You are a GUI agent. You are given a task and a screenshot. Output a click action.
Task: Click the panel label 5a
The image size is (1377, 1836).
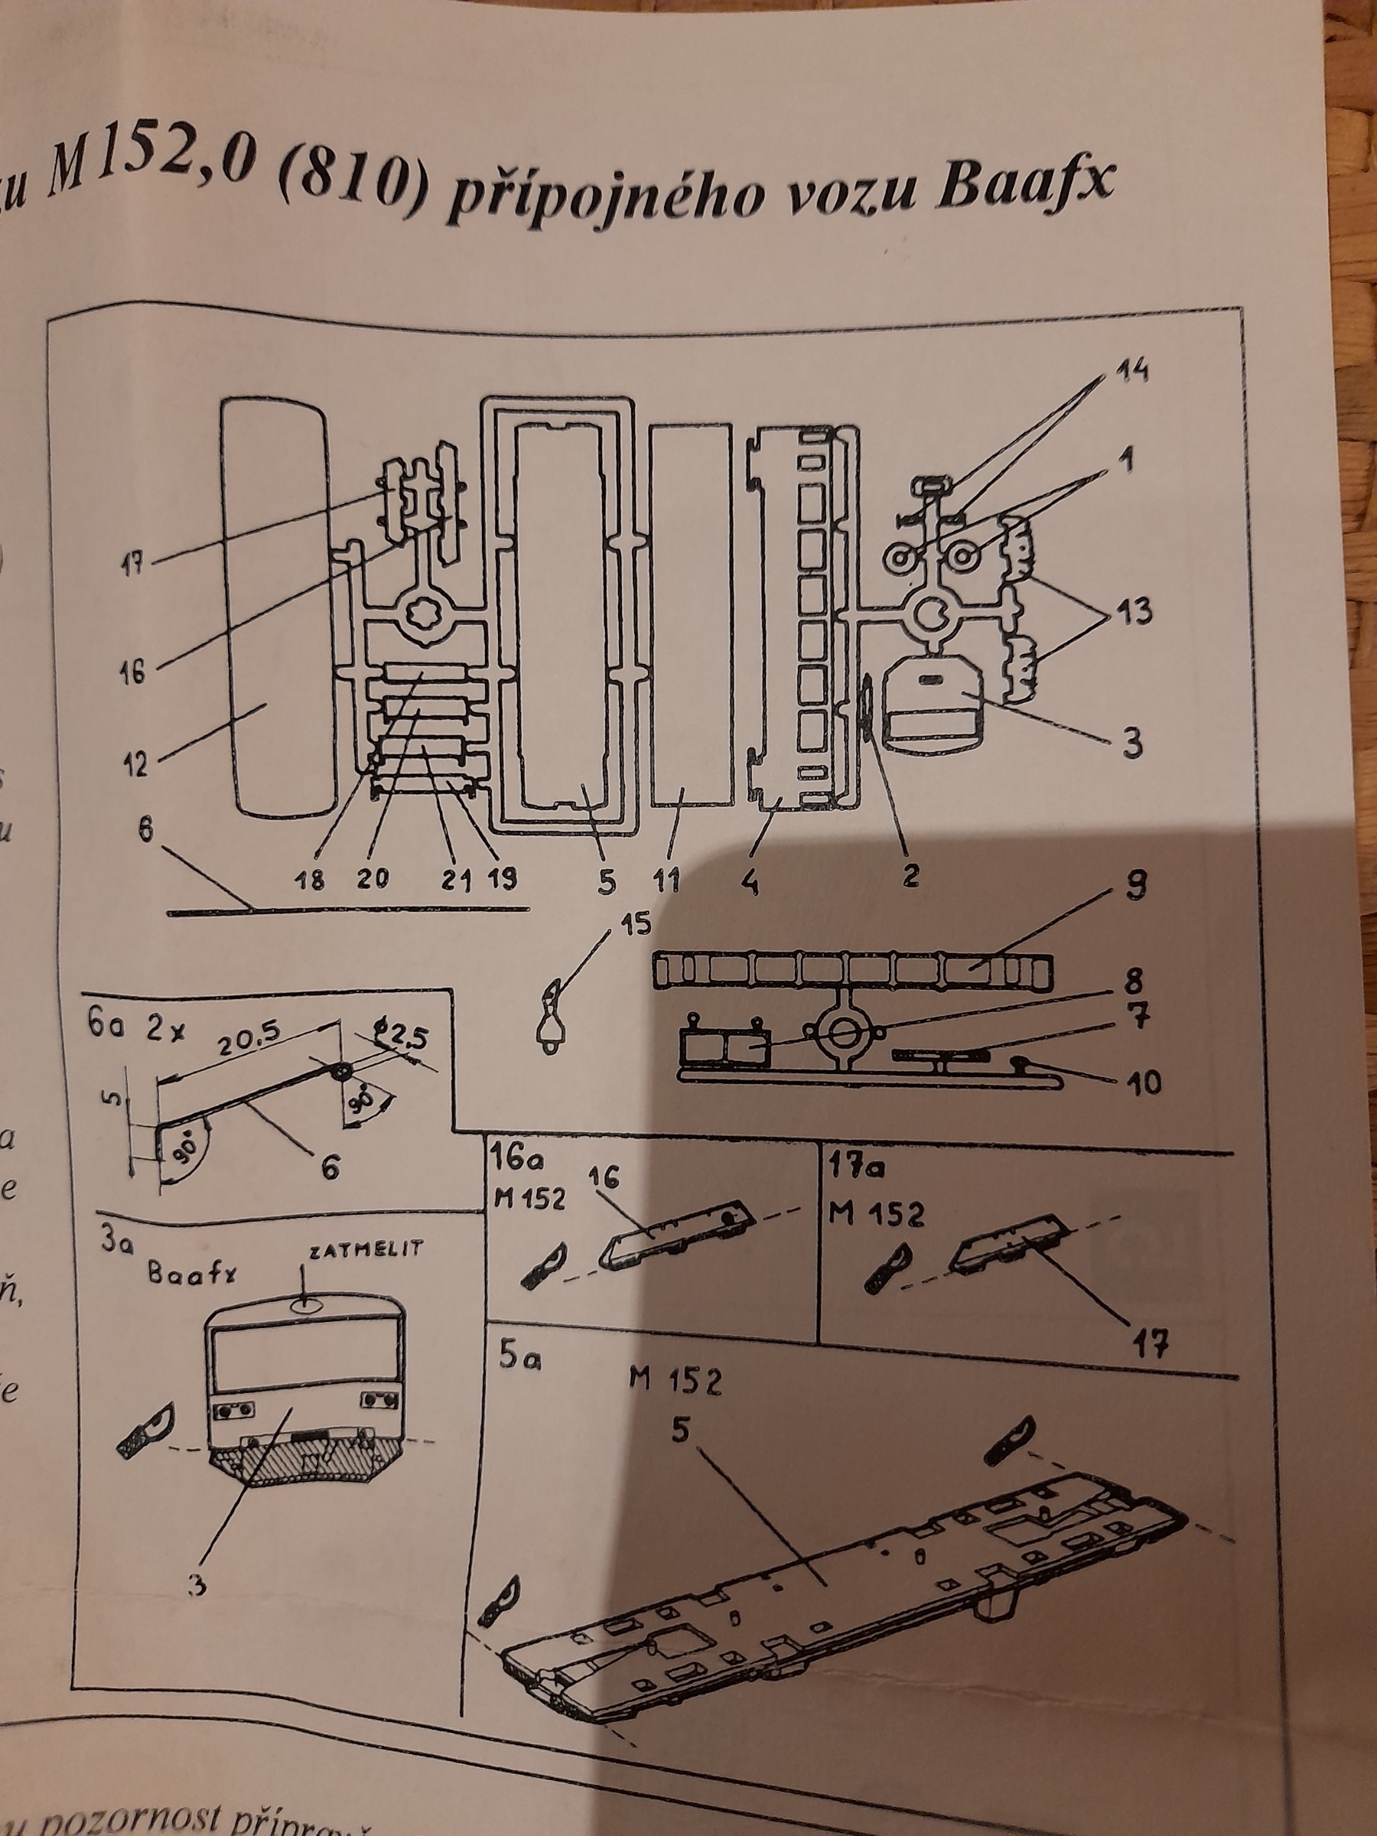point(521,1362)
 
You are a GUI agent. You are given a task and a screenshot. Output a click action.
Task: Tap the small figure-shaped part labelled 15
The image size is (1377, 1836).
point(549,1017)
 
